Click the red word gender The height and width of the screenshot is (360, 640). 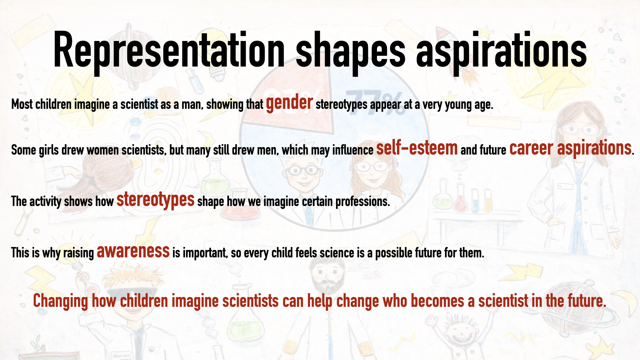coord(289,103)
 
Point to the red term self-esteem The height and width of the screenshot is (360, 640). coord(417,148)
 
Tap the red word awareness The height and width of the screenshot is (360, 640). coord(133,251)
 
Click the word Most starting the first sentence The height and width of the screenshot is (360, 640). coord(22,105)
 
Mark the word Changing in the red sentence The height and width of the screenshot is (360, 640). coord(60,301)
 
